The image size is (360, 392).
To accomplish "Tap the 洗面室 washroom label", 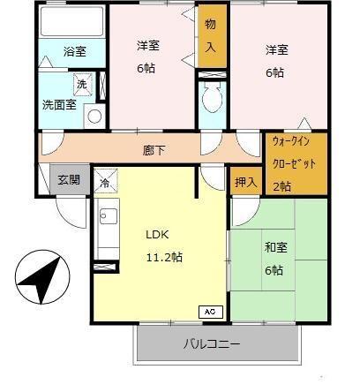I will pyautogui.click(x=58, y=104).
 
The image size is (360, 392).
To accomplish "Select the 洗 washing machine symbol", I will pyautogui.click(x=82, y=85).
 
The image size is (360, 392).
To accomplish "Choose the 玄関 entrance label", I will pyautogui.click(x=69, y=179).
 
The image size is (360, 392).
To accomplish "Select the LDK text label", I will pyautogui.click(x=157, y=235).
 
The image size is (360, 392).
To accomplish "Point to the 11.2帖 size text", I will pyautogui.click(x=164, y=257).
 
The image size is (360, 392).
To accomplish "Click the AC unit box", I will pyautogui.click(x=210, y=311).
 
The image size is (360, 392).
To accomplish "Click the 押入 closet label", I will pyautogui.click(x=246, y=182).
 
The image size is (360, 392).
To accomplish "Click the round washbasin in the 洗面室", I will pyautogui.click(x=94, y=116).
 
